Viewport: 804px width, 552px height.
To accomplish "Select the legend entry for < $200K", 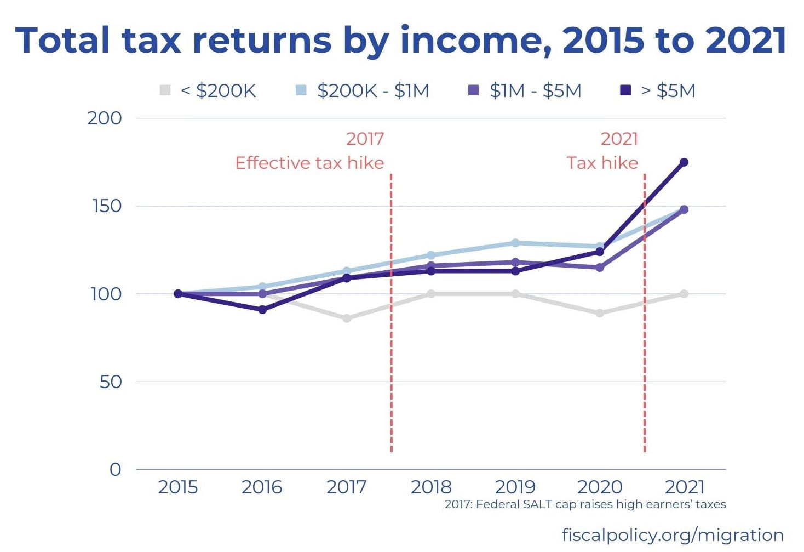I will coord(208,90).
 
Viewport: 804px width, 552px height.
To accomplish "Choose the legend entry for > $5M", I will coord(658,90).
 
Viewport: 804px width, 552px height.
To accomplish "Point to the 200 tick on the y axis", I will coord(105,118).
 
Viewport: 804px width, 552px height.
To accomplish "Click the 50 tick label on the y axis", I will coord(110,382).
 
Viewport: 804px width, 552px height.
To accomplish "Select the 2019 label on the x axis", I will coord(515,487).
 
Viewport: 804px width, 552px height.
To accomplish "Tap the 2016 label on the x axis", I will coord(262,487).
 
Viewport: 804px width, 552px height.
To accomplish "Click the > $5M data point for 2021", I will coord(684,162).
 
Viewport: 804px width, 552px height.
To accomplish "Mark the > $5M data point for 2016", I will coord(262,310).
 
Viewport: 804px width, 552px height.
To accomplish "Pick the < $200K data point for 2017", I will coord(347,318).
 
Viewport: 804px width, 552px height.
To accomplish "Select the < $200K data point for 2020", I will coord(600,313).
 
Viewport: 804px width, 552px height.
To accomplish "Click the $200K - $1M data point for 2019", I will coord(515,243).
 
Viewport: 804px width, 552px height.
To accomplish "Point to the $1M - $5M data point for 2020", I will coord(600,268).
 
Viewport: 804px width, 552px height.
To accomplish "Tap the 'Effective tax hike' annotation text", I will coord(309,163).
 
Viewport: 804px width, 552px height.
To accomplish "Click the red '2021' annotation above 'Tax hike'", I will coord(619,139).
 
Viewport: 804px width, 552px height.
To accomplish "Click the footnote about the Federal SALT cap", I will coord(585,504).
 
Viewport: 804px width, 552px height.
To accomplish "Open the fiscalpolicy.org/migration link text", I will coord(673,534).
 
